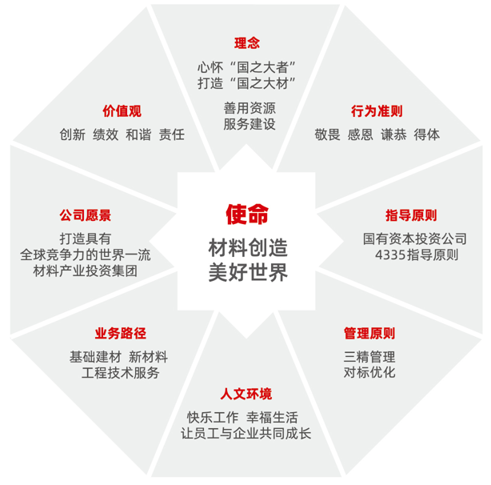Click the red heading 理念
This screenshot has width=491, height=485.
[247, 43]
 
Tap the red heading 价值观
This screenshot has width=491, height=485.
[122, 111]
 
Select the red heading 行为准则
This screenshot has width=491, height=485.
[377, 111]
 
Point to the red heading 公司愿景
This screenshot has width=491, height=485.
[86, 215]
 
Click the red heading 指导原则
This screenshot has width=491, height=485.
[411, 215]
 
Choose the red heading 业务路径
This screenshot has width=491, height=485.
[121, 333]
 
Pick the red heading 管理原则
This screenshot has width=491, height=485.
[369, 333]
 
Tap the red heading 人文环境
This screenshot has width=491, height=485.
[246, 394]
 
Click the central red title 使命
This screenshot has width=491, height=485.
[247, 214]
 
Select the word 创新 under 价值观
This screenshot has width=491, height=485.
[72, 134]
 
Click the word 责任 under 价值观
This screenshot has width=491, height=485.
[172, 134]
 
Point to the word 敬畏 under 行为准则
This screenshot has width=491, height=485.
[327, 134]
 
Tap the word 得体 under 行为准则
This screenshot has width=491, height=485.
[426, 134]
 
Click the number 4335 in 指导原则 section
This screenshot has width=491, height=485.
[390, 255]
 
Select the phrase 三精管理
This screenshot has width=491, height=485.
[369, 357]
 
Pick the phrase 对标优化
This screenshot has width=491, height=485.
[369, 372]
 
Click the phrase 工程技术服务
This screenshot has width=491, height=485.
[121, 373]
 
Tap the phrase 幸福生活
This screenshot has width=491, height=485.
[272, 418]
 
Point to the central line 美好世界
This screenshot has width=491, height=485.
[248, 273]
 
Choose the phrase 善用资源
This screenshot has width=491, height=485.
[249, 108]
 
